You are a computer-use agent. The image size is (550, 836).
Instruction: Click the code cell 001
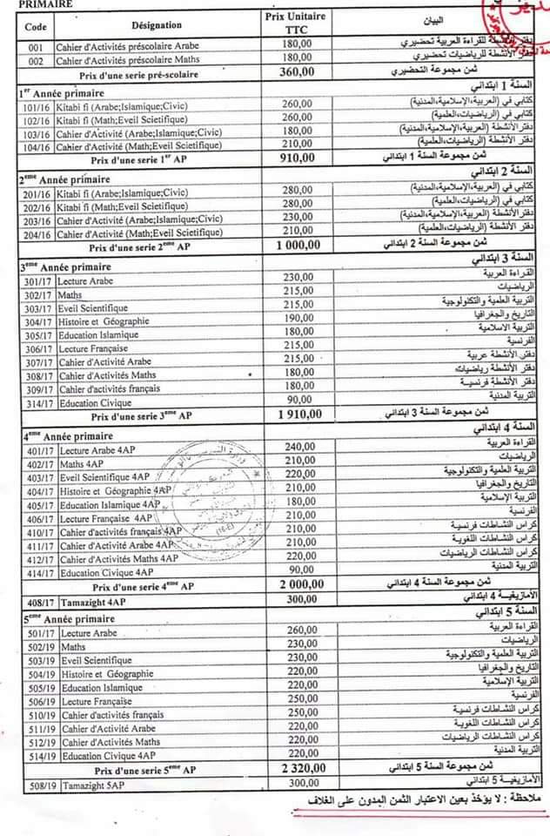coord(35,44)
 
